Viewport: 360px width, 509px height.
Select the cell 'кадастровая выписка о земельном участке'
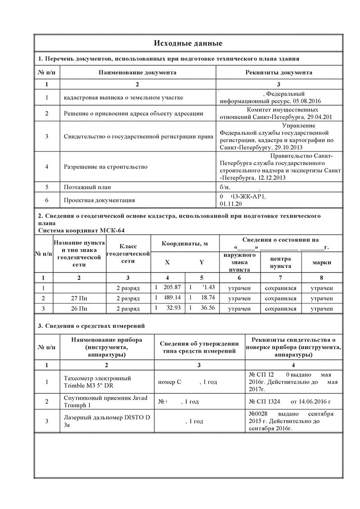coord(123,98)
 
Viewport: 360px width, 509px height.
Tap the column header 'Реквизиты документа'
coord(279,72)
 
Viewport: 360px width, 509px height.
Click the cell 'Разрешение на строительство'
coord(106,167)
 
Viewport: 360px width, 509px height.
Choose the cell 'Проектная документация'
coord(99,200)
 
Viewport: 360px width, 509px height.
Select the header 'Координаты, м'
coord(185,244)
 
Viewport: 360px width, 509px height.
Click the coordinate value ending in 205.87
coord(170,287)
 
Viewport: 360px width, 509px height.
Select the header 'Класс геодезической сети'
coord(128,254)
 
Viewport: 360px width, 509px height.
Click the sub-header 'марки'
coord(323,263)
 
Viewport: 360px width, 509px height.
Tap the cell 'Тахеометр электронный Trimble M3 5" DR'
coord(98,382)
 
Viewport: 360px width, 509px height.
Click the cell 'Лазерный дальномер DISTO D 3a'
coord(107,421)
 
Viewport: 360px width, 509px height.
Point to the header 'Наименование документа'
coord(138,72)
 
